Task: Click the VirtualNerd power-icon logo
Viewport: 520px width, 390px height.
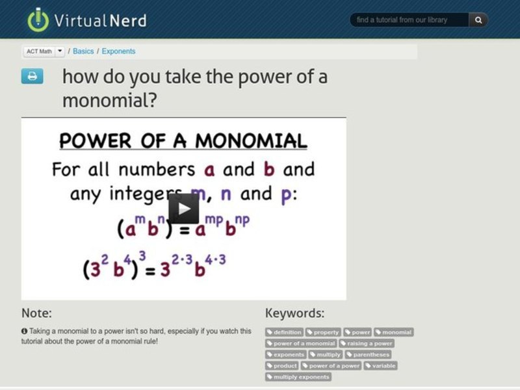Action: (x=38, y=19)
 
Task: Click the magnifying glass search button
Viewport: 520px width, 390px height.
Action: (x=478, y=20)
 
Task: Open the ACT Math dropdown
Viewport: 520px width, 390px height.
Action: (x=60, y=51)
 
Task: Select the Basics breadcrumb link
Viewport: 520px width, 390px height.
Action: (x=83, y=51)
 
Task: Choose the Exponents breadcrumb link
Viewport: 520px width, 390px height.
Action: (x=118, y=51)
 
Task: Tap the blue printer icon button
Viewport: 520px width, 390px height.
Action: (x=32, y=76)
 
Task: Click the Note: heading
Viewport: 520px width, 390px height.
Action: (x=36, y=313)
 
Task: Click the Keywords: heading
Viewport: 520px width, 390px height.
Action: (x=294, y=313)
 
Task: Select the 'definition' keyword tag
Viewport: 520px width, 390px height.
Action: (x=285, y=332)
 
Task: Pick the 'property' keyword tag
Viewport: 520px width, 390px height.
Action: (x=323, y=332)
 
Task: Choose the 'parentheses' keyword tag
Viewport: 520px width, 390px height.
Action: (x=369, y=354)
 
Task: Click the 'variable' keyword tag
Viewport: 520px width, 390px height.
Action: (x=381, y=365)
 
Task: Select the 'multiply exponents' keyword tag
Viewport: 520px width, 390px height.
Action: (x=299, y=376)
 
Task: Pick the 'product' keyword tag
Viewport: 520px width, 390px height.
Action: (x=282, y=365)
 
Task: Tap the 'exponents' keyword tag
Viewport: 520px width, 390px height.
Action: (x=286, y=354)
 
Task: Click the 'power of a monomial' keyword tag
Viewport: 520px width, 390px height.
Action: (x=301, y=343)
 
